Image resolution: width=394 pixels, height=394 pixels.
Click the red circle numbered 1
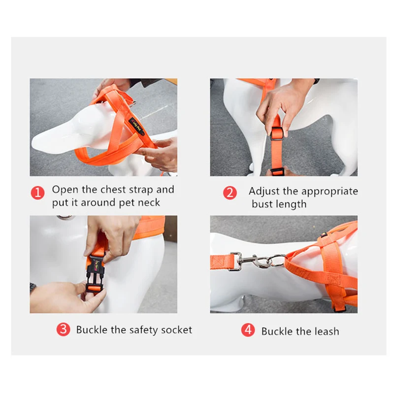click(x=38, y=193)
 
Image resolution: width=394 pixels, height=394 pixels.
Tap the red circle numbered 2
click(x=230, y=193)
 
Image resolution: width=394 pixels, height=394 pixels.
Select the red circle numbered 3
click(x=64, y=329)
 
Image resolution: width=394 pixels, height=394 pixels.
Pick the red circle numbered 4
click(x=248, y=329)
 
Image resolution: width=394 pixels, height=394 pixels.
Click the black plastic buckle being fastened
click(x=95, y=274)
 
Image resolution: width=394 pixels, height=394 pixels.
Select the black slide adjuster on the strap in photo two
click(x=277, y=133)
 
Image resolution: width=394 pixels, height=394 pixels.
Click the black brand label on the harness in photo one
click(x=136, y=126)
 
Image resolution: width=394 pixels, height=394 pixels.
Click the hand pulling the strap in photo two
click(x=284, y=105)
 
